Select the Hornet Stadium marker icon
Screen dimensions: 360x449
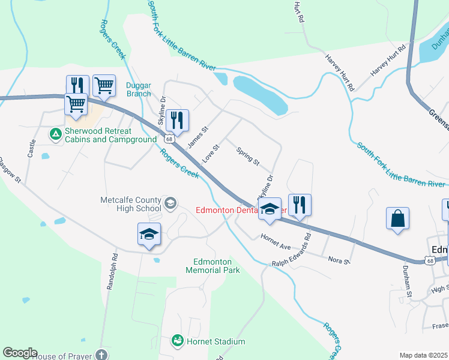tap(178, 341)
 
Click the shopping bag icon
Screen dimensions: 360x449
tap(398, 219)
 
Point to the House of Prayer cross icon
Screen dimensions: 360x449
tap(101, 355)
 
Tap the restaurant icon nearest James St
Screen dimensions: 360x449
tap(176, 121)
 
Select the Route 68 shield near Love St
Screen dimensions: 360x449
tap(170, 139)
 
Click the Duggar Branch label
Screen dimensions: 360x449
tap(139, 89)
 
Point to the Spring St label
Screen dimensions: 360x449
tap(247, 157)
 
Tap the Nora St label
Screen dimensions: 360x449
tap(339, 259)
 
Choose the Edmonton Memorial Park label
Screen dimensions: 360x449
tap(216, 266)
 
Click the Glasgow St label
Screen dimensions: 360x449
tap(10, 171)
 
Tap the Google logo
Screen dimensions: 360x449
tap(19, 353)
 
